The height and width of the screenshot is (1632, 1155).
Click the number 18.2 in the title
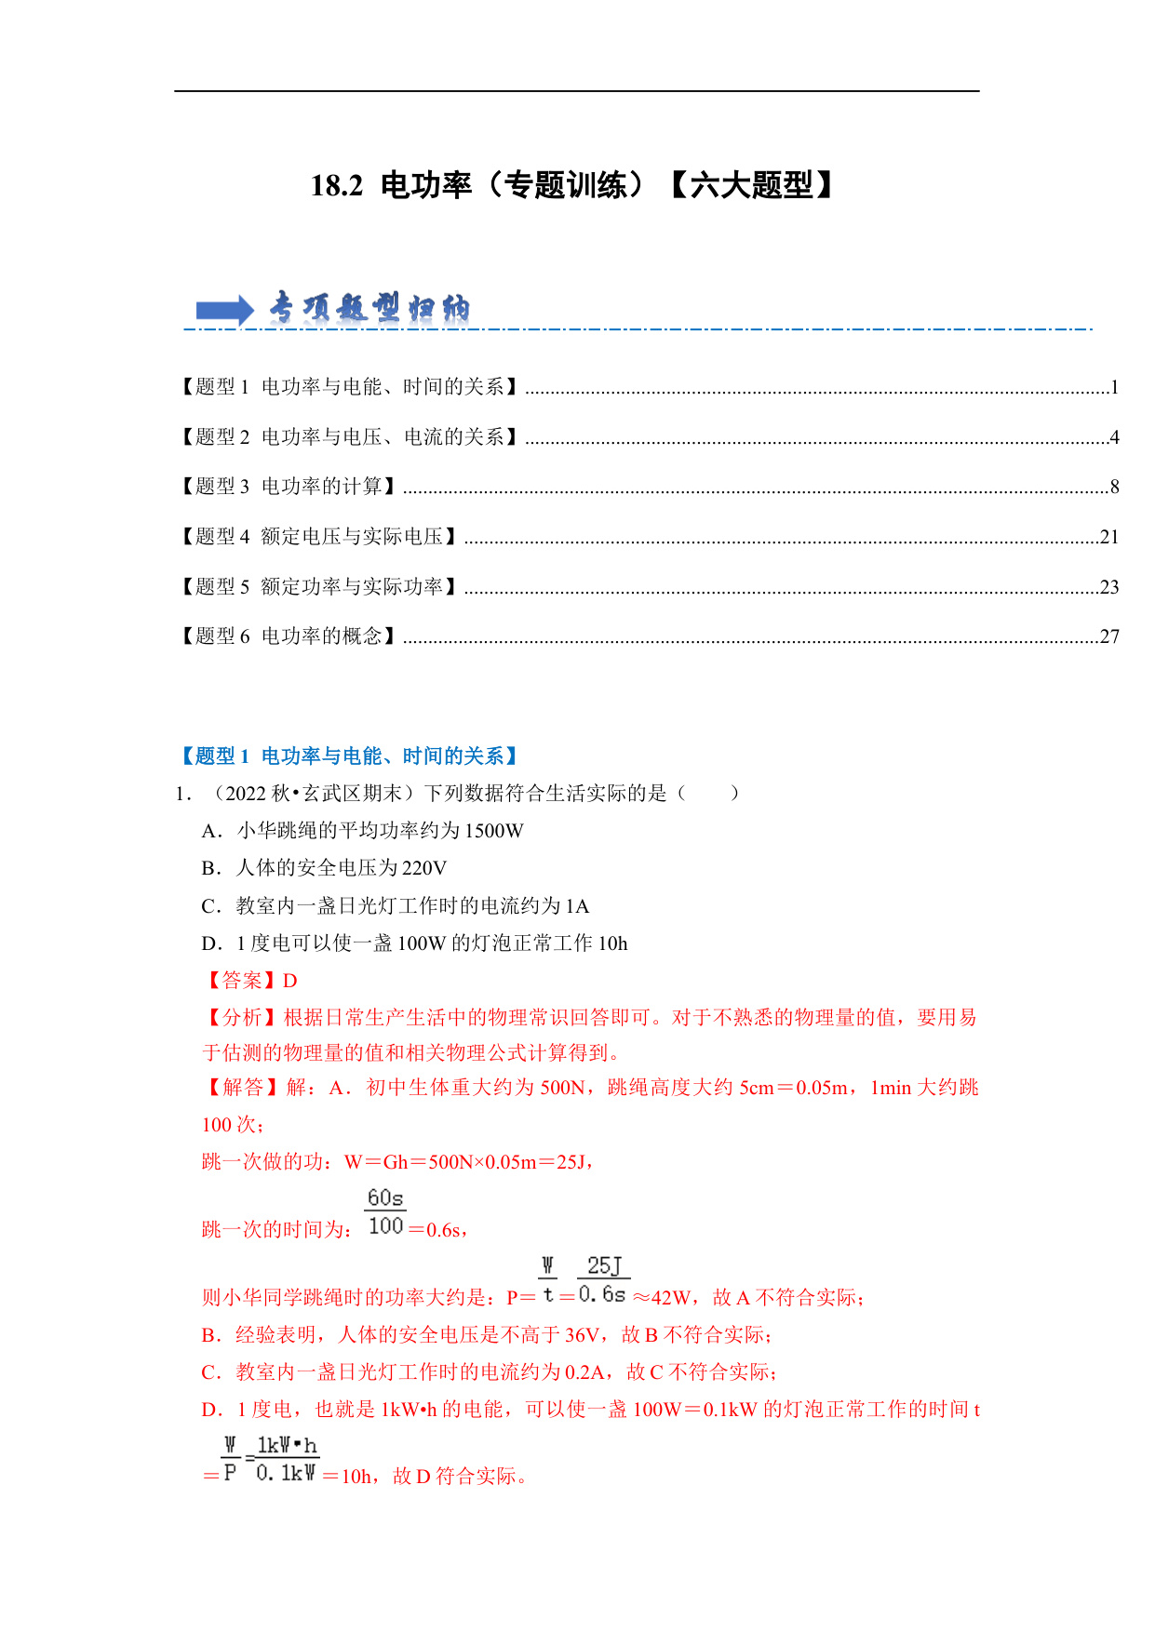[337, 186]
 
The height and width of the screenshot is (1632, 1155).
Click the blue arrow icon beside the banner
[224, 310]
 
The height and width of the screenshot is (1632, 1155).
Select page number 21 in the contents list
[1108, 537]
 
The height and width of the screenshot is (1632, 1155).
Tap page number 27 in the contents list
[1108, 636]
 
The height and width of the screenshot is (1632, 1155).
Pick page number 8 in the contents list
[1114, 487]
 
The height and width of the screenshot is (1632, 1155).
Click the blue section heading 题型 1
[348, 756]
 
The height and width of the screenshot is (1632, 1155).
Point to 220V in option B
[424, 868]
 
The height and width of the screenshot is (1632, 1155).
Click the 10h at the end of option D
[612, 943]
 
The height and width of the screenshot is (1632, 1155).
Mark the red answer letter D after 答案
[289, 981]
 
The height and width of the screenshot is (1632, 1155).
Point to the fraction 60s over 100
[385, 1212]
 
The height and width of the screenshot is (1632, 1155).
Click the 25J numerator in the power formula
[604, 1265]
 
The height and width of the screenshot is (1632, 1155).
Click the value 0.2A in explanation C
[584, 1372]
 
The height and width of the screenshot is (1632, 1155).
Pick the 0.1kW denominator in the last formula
[286, 1474]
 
